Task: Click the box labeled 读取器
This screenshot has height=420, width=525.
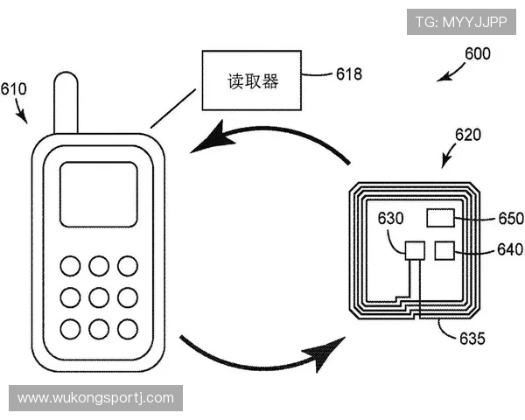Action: [x=252, y=80]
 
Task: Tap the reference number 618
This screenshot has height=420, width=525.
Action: [x=348, y=74]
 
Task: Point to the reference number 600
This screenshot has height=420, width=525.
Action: [x=477, y=52]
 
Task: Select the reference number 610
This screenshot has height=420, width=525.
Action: [x=13, y=88]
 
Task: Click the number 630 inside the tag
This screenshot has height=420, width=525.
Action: [x=390, y=218]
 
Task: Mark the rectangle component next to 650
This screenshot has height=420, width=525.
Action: [x=440, y=218]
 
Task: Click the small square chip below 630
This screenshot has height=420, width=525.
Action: [x=415, y=251]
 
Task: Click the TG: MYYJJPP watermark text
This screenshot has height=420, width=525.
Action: [x=461, y=21]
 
